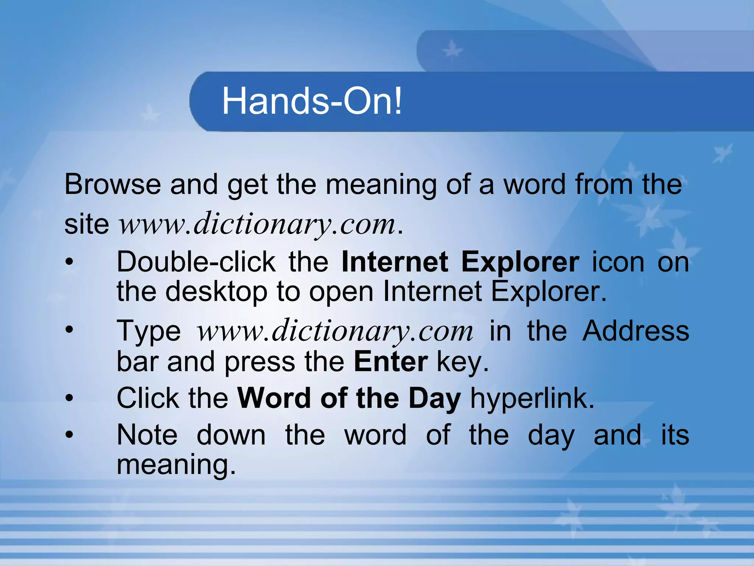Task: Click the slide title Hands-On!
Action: coord(312,101)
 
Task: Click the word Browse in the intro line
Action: coord(113,184)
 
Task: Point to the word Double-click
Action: coord(196,262)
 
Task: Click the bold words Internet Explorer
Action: coord(460,262)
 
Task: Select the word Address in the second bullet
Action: coord(636,331)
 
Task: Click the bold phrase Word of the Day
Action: coord(349,398)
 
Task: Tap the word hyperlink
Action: coord(532,398)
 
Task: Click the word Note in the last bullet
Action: coord(147,435)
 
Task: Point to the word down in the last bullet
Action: coord(231,435)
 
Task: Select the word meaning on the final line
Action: coord(176,465)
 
